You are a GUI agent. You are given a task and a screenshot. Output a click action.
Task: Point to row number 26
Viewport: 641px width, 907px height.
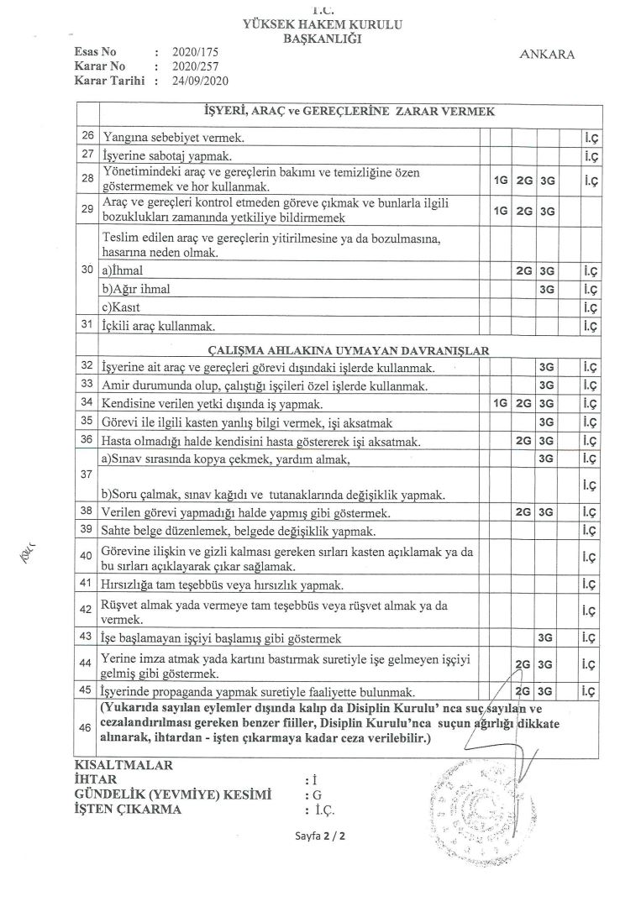(x=87, y=135)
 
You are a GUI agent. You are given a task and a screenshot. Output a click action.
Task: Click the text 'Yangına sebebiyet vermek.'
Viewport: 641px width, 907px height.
(x=161, y=136)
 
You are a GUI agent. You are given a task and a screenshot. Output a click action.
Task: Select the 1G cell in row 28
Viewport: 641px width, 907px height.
(x=501, y=180)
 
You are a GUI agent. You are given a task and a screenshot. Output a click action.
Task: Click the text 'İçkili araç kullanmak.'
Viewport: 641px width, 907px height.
(x=156, y=326)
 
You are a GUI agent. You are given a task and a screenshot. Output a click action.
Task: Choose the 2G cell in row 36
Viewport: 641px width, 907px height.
(x=524, y=440)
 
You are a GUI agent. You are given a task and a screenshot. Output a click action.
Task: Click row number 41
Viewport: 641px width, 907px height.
(x=87, y=583)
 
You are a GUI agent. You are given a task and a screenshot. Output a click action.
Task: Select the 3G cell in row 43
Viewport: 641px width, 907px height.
(x=547, y=637)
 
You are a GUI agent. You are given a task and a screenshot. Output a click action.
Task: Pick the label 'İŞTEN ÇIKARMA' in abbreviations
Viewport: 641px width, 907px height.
(x=128, y=810)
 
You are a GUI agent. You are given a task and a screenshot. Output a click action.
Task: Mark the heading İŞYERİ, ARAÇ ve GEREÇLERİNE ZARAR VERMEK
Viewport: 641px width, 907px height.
(x=349, y=112)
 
